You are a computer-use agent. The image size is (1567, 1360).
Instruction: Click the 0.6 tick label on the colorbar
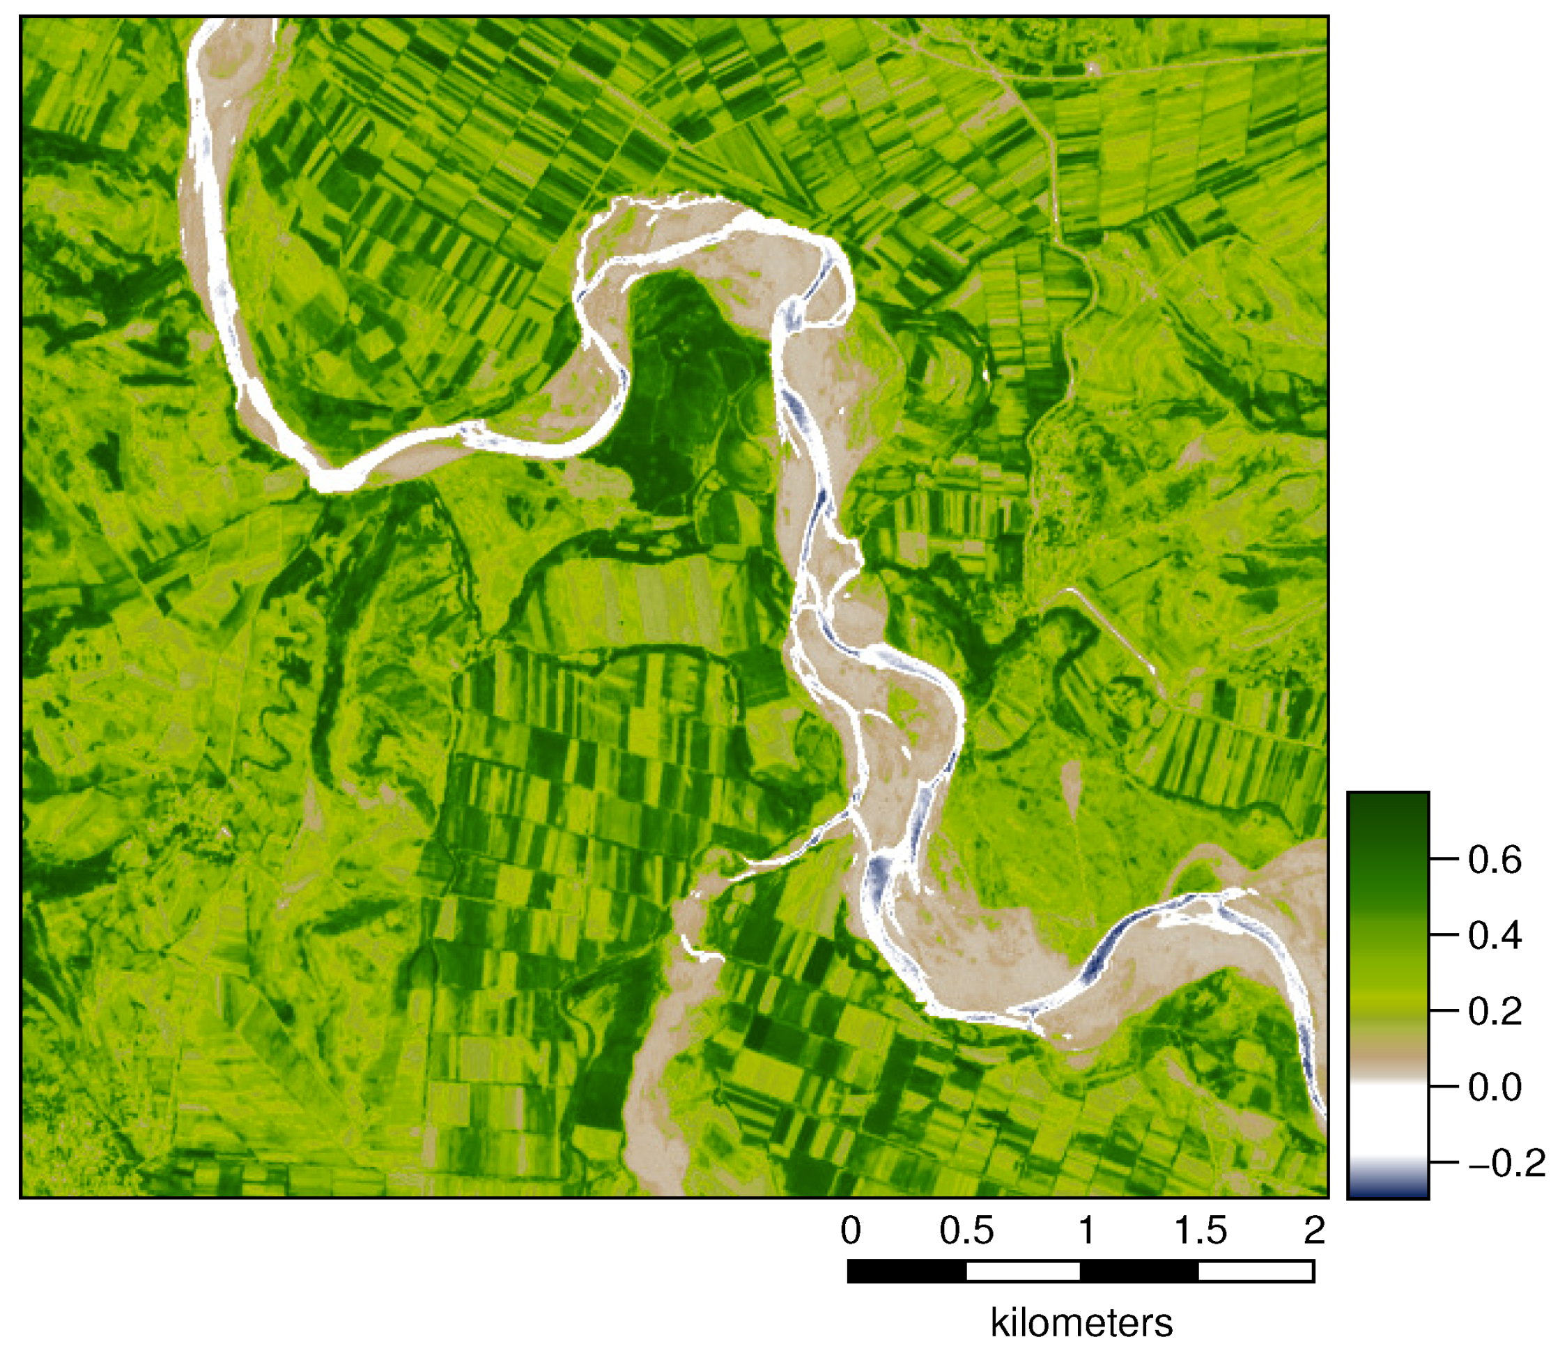1495,860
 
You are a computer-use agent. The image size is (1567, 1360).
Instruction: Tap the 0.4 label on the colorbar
1495,935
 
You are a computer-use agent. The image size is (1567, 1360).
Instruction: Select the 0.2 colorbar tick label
1495,1011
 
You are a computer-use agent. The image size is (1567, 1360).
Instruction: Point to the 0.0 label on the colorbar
1495,1087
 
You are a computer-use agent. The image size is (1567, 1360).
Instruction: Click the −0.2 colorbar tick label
1507,1163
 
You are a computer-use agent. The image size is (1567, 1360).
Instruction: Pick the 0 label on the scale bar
851,1230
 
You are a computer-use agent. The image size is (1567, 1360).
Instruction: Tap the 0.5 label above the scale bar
966,1230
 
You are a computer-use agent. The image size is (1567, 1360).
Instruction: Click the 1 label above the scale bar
1087,1230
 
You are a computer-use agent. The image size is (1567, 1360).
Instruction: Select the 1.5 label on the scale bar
1201,1230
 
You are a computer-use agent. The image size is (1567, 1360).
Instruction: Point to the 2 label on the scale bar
1315,1230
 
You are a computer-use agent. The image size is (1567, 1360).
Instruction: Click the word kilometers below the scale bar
1082,1324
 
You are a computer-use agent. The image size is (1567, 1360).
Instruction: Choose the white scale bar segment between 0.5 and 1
1024,1272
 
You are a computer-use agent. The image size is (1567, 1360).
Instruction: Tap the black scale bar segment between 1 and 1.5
1140,1272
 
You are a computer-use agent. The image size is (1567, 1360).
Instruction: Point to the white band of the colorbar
1388,1115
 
